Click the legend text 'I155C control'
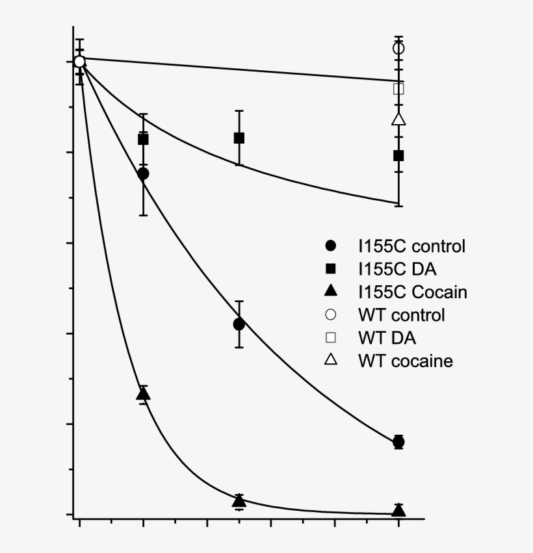point(411,246)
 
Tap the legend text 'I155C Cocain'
point(412,292)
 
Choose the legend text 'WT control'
point(401,315)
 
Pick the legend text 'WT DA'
point(387,338)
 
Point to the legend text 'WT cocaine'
point(405,361)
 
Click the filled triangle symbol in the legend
point(331,291)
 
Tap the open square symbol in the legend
point(331,338)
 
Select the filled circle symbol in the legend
point(331,246)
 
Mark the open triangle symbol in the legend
point(331,360)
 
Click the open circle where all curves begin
point(79,62)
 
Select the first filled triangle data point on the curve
point(143,394)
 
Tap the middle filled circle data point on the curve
point(239,324)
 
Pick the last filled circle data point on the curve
point(398,442)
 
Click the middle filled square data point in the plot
point(239,138)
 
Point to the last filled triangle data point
point(398,510)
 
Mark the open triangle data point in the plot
point(398,119)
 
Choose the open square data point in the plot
point(398,89)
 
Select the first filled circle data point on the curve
point(143,174)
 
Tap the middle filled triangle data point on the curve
point(239,500)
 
